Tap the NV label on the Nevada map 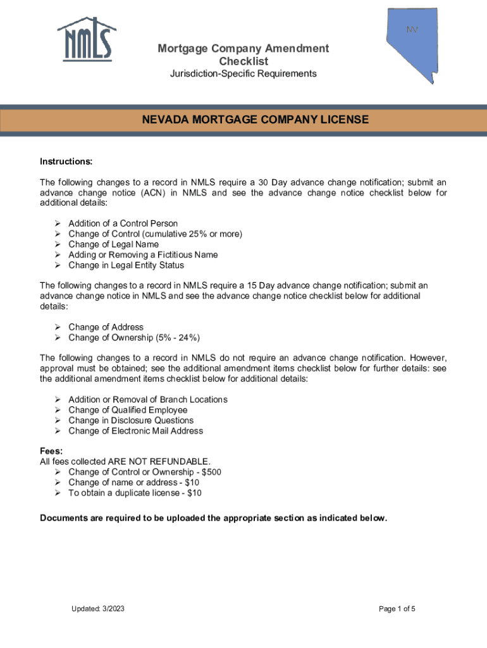tap(412, 30)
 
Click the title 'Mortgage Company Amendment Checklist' tap(244, 55)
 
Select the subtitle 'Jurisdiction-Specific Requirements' tap(244, 74)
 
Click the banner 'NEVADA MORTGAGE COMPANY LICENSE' tap(254, 120)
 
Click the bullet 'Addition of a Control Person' tap(123, 223)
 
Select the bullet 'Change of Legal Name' tap(113, 244)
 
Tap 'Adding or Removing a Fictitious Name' tap(143, 254)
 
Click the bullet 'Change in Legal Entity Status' tap(126, 265)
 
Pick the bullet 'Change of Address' tap(106, 327)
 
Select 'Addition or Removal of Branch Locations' tap(147, 399)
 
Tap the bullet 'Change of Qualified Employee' tap(128, 410)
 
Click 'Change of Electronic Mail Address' tap(135, 431)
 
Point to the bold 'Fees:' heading tap(51, 451)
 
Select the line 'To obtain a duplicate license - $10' tap(135, 492)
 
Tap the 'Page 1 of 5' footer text tap(397, 609)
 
